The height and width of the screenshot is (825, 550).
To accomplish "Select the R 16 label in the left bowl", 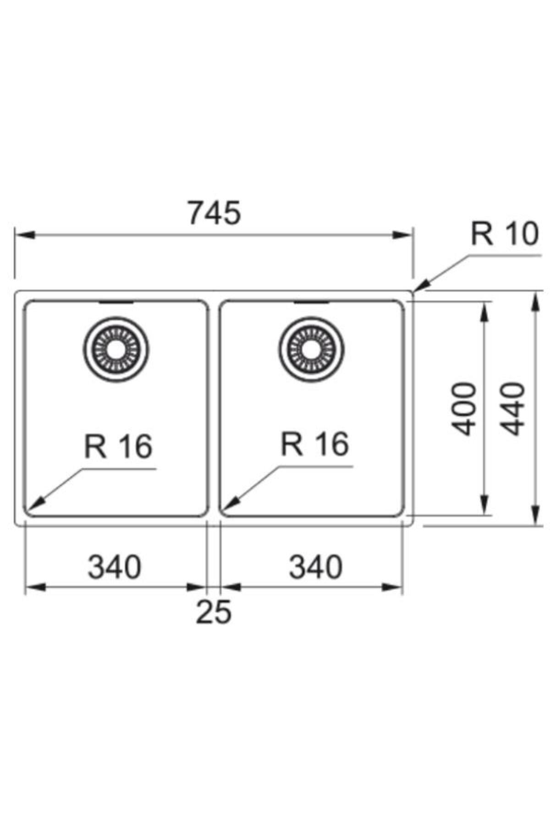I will coord(118,446).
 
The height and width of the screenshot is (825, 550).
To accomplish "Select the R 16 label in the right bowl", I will coord(315,444).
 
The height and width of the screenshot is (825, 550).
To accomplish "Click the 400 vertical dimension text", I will coord(464,409).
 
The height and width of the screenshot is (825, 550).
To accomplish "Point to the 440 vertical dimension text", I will coord(512,409).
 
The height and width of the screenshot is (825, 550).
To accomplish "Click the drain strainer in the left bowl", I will coord(116,349).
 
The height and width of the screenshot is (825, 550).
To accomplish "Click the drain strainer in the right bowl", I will coord(312,349).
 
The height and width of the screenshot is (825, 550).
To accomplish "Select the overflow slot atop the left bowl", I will coord(116,302).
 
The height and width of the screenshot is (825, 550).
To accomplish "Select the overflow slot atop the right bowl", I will coord(312,302).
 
